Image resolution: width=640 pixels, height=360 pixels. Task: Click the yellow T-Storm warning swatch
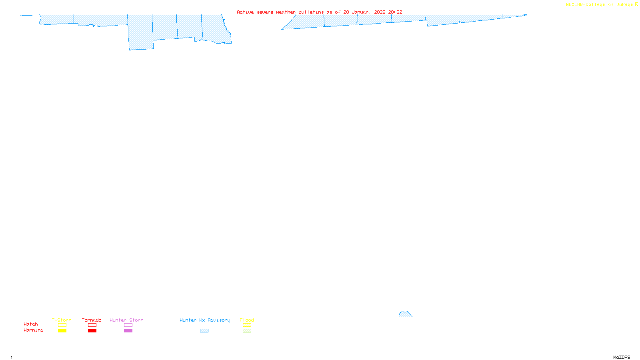(62, 331)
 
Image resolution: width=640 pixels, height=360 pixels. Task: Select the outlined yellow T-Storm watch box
(62, 325)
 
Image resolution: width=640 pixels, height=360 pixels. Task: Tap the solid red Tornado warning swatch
(92, 331)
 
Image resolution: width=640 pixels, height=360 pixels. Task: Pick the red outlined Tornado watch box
(92, 325)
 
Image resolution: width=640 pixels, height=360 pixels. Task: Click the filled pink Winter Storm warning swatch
(128, 331)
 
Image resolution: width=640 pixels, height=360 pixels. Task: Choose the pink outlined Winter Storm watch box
(128, 325)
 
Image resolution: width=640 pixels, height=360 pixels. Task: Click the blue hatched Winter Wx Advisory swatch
(204, 331)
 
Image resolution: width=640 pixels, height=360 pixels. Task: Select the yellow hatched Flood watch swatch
(247, 325)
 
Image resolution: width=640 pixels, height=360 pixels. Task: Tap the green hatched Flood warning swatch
(247, 331)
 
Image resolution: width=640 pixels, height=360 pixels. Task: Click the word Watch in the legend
(31, 324)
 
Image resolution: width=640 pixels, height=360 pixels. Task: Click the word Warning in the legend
(34, 330)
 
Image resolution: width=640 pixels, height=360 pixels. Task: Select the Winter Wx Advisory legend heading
(205, 320)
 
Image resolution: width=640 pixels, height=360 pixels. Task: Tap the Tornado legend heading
(92, 320)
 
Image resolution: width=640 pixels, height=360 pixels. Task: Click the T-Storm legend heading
(62, 320)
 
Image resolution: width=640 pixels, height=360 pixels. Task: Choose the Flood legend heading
(247, 320)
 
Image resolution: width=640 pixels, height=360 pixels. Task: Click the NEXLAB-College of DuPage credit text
(600, 5)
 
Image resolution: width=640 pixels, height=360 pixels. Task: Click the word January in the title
(362, 12)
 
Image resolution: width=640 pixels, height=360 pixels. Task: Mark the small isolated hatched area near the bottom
(405, 314)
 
